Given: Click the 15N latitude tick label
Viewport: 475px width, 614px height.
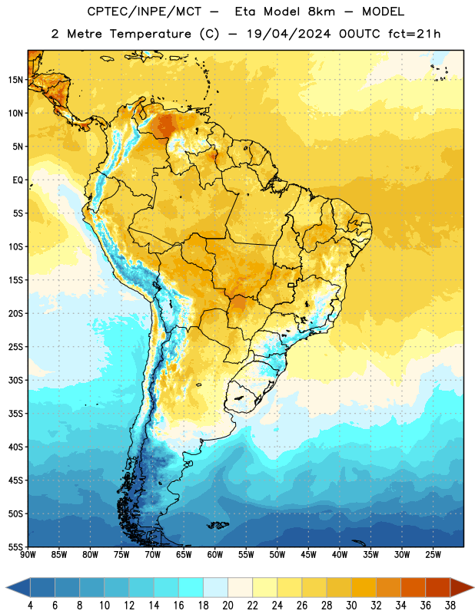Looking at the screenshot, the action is coord(15,80).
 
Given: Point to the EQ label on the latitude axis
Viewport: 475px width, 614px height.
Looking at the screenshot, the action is coord(18,180).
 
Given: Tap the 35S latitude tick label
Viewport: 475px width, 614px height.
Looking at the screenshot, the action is coord(15,414).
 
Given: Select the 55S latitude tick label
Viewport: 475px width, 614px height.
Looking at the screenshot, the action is coord(15,546).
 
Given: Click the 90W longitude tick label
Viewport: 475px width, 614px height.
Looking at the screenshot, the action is coord(28,555).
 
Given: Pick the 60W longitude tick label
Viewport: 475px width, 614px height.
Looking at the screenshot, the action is coord(215,555).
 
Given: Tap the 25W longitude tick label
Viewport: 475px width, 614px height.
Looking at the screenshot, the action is coord(433,555).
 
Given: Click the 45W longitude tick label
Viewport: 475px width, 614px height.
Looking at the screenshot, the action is coord(308,555).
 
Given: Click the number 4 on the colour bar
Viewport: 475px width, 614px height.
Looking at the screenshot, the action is coord(30,606).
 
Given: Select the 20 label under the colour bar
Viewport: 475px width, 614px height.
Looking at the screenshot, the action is coord(228,606).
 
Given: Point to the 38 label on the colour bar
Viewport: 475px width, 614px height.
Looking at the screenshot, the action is coord(450,606).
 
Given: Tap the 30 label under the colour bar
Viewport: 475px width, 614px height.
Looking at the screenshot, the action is coord(351,606).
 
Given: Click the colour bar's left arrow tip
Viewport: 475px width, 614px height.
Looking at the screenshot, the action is coord(6,587).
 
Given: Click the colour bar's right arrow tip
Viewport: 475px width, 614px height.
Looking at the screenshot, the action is coord(474,587).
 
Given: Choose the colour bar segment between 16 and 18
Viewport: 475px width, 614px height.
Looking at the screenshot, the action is coord(191,587).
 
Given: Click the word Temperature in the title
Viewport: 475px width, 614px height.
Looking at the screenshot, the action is coord(150,34).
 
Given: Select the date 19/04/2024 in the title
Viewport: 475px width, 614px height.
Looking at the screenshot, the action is coord(289,34).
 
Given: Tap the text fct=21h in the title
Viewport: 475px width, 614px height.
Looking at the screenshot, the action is coord(414,34).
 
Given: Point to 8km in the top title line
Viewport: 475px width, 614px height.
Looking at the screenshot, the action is coord(321,12).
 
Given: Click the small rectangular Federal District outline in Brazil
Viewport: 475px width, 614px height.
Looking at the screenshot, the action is coord(291,285).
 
